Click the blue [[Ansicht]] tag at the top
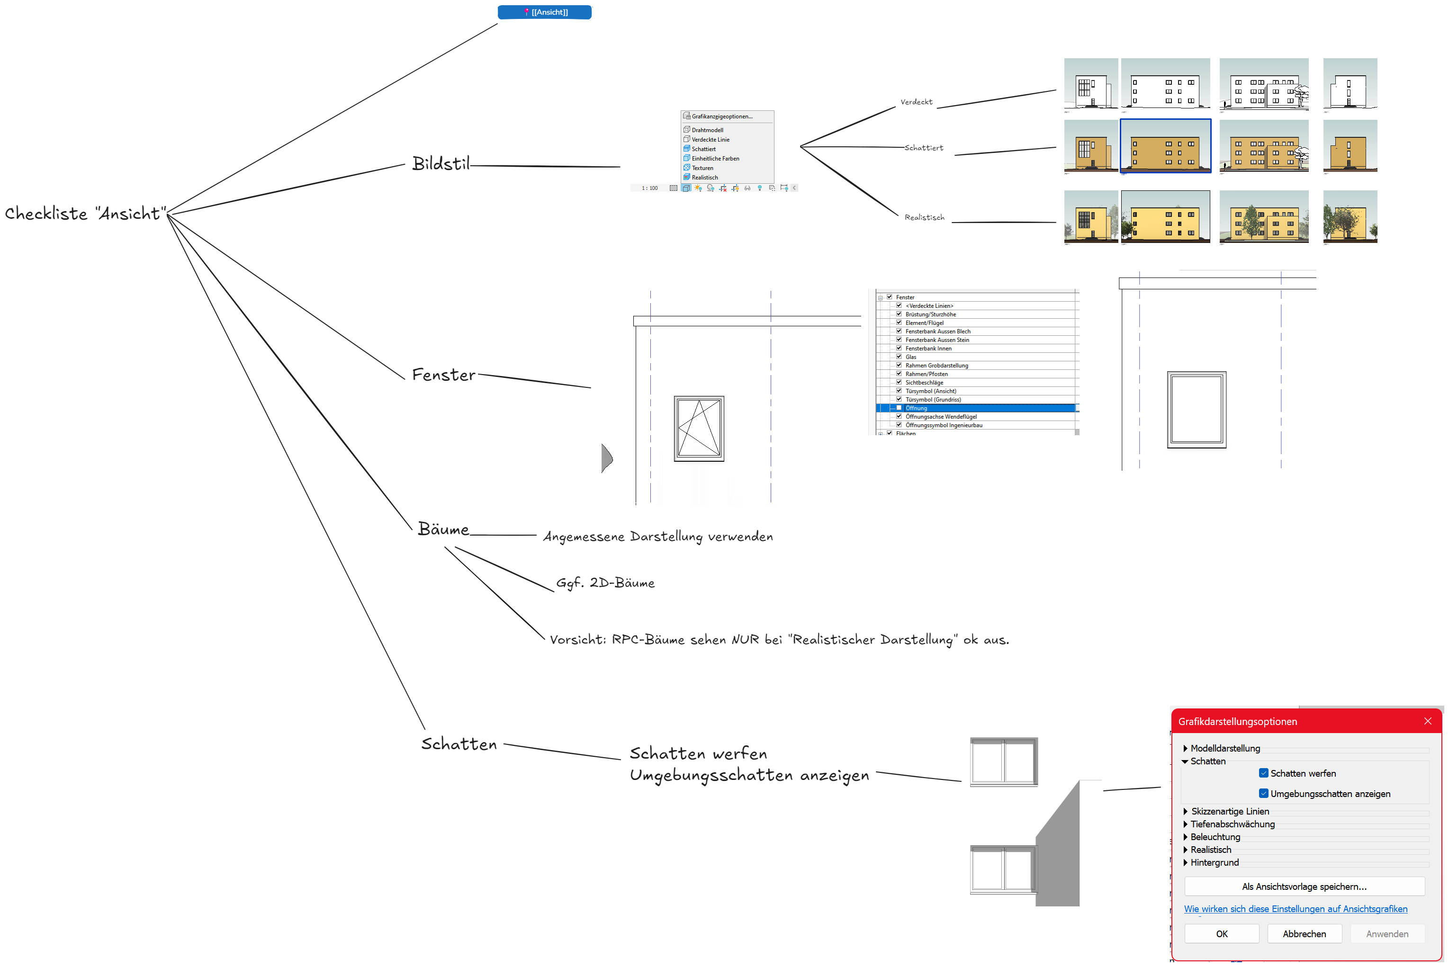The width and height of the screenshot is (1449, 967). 545,12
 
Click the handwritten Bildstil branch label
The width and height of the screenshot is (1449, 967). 441,164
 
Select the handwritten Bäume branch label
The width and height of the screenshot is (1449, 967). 443,529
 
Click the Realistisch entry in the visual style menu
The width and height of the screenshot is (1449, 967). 704,178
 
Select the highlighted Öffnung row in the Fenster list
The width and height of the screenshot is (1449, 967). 916,408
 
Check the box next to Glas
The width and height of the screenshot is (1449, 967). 899,357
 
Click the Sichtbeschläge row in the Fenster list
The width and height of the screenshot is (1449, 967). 924,382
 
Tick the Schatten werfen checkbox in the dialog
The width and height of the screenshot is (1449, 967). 1263,773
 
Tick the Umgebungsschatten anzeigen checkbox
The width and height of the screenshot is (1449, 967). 1263,794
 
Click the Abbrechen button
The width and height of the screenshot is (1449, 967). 1304,934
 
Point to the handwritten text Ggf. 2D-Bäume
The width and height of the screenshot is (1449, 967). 605,583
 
